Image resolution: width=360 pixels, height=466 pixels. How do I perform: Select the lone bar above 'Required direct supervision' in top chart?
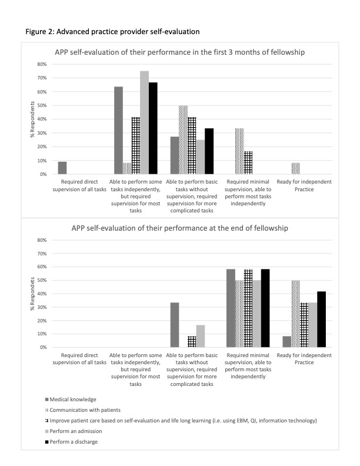coord(62,168)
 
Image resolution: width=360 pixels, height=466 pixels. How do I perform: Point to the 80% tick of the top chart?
coord(41,64)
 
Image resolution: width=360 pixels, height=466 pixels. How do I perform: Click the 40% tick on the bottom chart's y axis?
coord(41,294)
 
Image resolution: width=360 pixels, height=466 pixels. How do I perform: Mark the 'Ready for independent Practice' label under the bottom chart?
coord(305,359)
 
